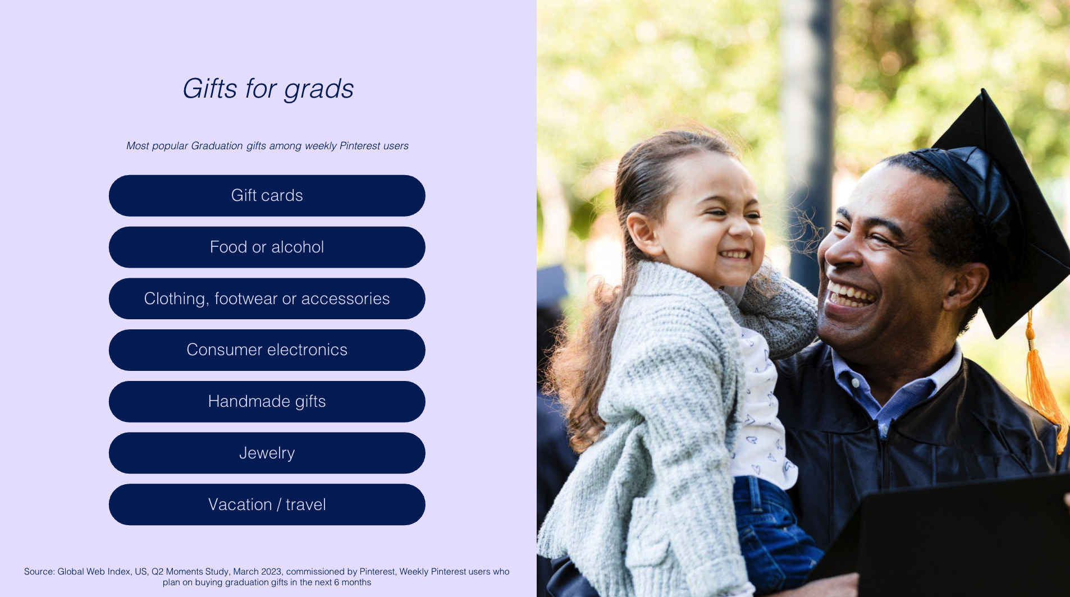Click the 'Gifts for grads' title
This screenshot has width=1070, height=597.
pos(268,89)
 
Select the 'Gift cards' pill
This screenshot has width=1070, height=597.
pos(267,195)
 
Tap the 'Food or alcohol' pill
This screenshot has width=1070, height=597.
pos(267,247)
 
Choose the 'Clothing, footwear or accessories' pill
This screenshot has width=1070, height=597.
pos(267,298)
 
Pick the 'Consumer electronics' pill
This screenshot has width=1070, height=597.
pos(267,350)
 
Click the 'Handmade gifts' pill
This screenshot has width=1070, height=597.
pos(267,402)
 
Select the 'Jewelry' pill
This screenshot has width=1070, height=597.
pos(267,453)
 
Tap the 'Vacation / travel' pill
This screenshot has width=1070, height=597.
pos(267,504)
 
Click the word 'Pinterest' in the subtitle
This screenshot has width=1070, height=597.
pos(360,146)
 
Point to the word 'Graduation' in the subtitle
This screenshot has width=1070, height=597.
pos(217,146)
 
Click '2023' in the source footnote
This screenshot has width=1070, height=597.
pos(271,572)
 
